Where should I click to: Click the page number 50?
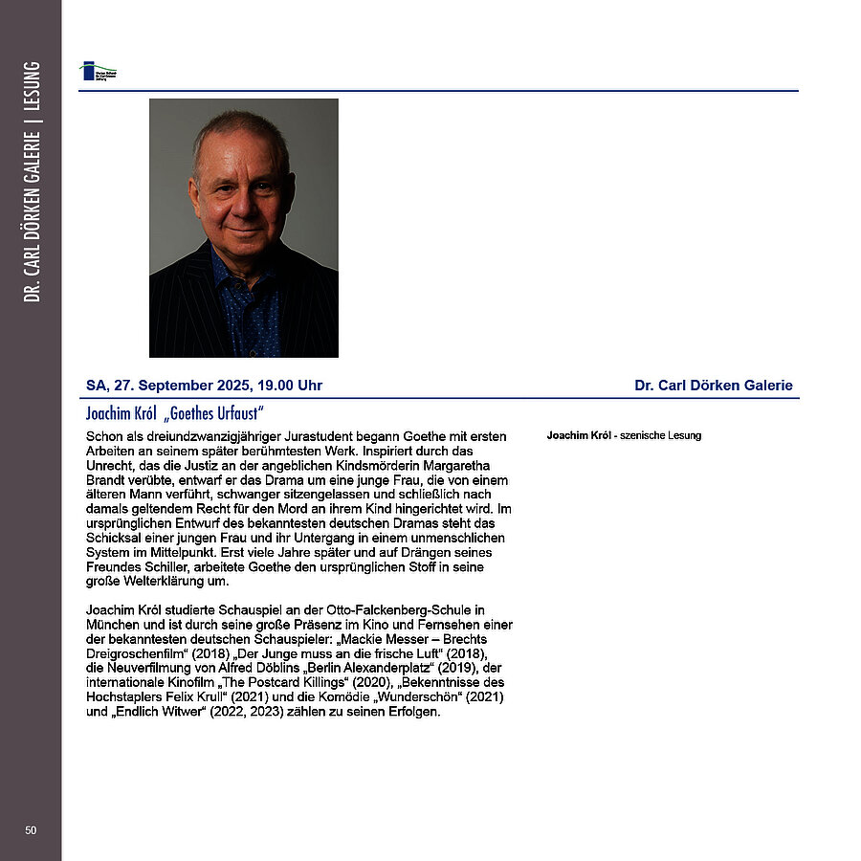pyautogui.click(x=31, y=829)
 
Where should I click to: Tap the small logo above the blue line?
pyautogui.click(x=98, y=72)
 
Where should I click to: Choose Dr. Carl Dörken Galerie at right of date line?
pyautogui.click(x=713, y=386)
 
